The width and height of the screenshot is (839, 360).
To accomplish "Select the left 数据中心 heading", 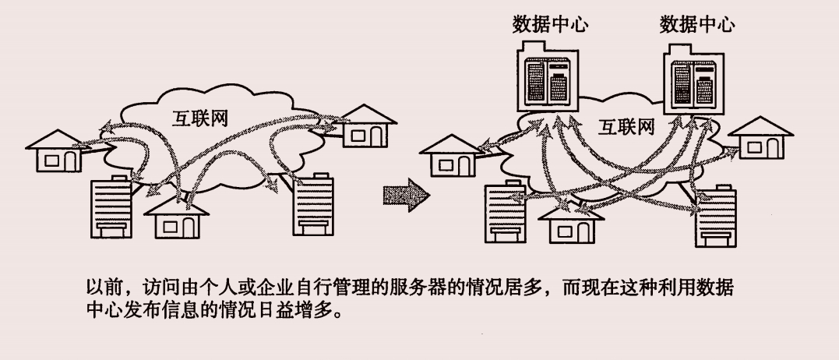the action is coord(550,24).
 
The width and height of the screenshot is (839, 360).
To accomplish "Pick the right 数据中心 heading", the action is coord(697,24).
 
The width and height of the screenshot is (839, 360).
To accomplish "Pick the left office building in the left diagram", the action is coord(111,207).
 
